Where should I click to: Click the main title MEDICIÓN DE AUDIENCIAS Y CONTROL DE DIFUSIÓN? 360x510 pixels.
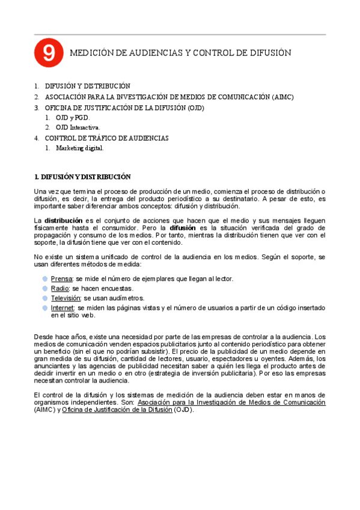pos(181,53)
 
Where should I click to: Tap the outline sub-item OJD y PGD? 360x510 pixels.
pos(72,118)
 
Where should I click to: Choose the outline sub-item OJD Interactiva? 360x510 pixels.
pos(78,127)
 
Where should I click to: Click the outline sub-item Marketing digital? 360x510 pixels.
pos(80,148)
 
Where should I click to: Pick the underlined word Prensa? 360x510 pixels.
pos(61,279)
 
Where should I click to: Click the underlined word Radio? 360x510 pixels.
pos(60,289)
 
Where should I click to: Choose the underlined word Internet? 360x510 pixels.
pos(63,307)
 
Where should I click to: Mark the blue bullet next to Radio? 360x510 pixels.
pos(46,289)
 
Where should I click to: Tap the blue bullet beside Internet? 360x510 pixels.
pos(46,307)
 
